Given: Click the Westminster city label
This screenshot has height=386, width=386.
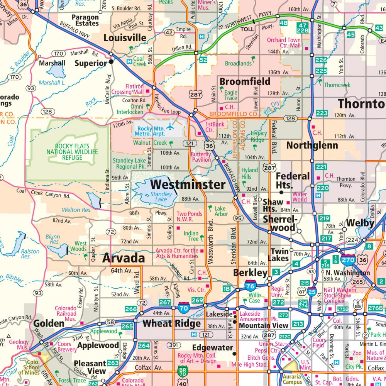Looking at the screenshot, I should coord(188,184).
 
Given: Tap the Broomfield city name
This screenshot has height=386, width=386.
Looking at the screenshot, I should coord(245,82).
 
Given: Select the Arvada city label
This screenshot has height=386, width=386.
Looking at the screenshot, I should coord(123,258).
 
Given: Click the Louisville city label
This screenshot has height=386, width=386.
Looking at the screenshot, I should coord(125,38).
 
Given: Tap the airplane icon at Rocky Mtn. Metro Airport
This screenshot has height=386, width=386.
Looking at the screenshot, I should coord(170,127).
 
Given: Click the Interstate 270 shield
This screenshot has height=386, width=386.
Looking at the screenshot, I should coord(348,260).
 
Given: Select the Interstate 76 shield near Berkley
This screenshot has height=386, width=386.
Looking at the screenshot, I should coord(251,286).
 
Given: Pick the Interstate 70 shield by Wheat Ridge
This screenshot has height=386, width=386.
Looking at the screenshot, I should coord(184,308).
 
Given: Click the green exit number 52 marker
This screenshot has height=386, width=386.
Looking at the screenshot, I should coord(203,60).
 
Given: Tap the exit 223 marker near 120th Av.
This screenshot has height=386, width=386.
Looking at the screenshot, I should coord(321,113).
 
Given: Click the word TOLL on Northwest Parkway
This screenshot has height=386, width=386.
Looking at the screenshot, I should coord(247,29).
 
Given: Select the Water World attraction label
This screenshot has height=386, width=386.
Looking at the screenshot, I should coord(300,197).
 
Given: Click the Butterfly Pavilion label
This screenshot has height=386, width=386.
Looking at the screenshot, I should coord(201,157).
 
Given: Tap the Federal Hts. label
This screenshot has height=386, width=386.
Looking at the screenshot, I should coord(293,180).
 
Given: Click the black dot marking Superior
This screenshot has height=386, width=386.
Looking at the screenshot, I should coord(111,61).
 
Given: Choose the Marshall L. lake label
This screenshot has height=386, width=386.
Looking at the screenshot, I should coord(52,83).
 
